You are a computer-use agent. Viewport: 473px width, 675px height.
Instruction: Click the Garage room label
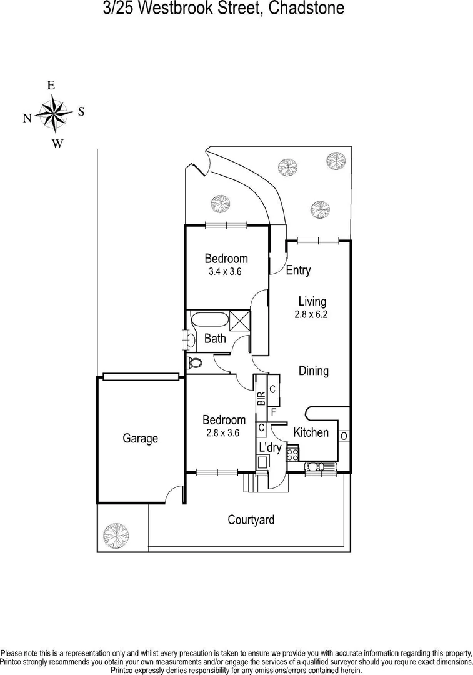tap(141, 439)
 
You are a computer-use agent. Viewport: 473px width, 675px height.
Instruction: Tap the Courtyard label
tap(251, 520)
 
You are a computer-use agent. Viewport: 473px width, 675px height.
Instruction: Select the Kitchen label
tap(311, 432)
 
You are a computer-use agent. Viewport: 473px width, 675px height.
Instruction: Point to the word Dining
tap(314, 371)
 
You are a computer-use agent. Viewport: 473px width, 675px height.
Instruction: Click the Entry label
tap(298, 271)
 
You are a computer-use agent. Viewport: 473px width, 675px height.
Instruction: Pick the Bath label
tap(215, 338)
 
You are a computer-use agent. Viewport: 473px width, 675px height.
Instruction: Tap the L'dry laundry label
tap(271, 447)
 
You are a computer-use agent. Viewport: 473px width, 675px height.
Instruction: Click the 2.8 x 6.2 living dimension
tap(311, 314)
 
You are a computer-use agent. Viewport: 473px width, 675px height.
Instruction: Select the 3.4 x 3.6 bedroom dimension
tap(225, 272)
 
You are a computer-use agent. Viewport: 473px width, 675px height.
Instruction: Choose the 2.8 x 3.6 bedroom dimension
tap(223, 433)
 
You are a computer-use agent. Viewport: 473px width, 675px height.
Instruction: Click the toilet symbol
tap(194, 363)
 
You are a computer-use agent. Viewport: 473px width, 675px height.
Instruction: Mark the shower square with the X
tap(240, 320)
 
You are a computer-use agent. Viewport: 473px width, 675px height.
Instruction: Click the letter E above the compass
tap(51, 85)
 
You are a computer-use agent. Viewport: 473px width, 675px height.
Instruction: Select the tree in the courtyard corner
tap(116, 536)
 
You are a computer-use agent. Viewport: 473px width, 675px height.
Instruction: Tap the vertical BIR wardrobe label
tap(261, 399)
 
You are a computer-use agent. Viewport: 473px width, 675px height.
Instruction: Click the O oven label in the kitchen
tap(344, 436)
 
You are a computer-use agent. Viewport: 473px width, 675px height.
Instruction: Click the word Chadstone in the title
tap(306, 7)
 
